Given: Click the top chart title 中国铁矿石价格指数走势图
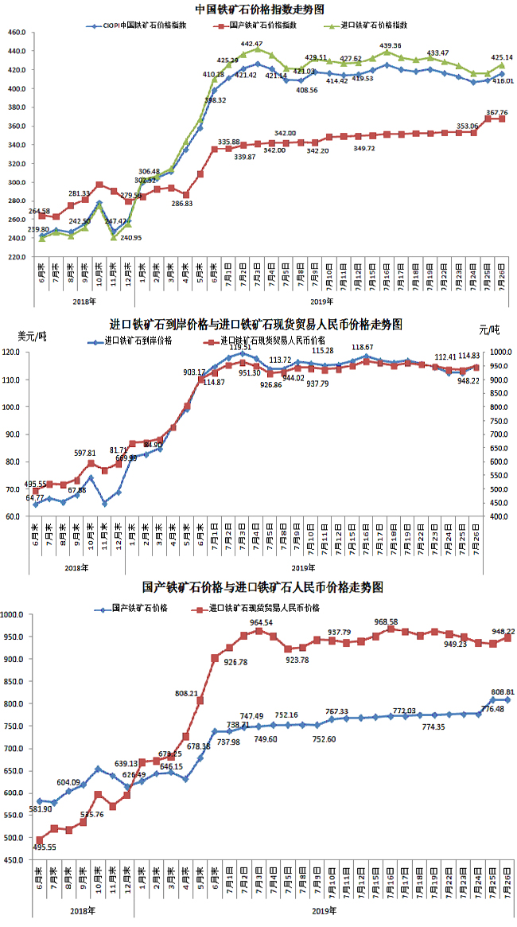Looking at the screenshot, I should [x=259, y=10].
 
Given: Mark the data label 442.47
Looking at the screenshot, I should [x=251, y=44].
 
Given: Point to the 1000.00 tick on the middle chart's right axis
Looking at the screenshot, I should [x=500, y=352].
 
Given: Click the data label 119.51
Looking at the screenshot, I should [x=240, y=347].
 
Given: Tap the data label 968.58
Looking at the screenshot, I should [x=390, y=621].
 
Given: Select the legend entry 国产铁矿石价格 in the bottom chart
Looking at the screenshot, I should [x=138, y=608].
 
